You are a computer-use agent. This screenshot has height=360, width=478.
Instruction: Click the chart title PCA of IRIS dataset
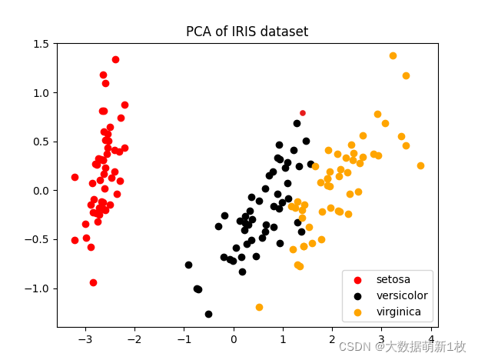tap(247, 32)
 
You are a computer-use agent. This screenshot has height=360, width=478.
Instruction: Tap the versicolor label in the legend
tap(401, 295)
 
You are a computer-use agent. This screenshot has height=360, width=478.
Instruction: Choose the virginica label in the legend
tap(398, 312)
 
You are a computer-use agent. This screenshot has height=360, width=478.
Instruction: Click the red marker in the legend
tap(357, 279)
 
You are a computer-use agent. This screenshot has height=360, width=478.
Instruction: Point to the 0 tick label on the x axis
tap(234, 339)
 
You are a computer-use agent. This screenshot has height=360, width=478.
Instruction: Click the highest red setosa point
tap(115, 59)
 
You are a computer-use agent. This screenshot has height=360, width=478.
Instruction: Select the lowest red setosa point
tap(93, 282)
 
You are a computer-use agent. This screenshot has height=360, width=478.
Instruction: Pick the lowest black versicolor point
tap(208, 314)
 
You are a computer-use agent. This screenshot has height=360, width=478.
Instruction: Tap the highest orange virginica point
tap(393, 55)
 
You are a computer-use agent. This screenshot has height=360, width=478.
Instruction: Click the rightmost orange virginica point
tap(420, 165)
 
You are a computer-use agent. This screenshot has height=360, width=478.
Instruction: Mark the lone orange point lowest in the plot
tap(259, 307)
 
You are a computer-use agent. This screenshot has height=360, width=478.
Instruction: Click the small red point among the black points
tap(303, 113)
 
